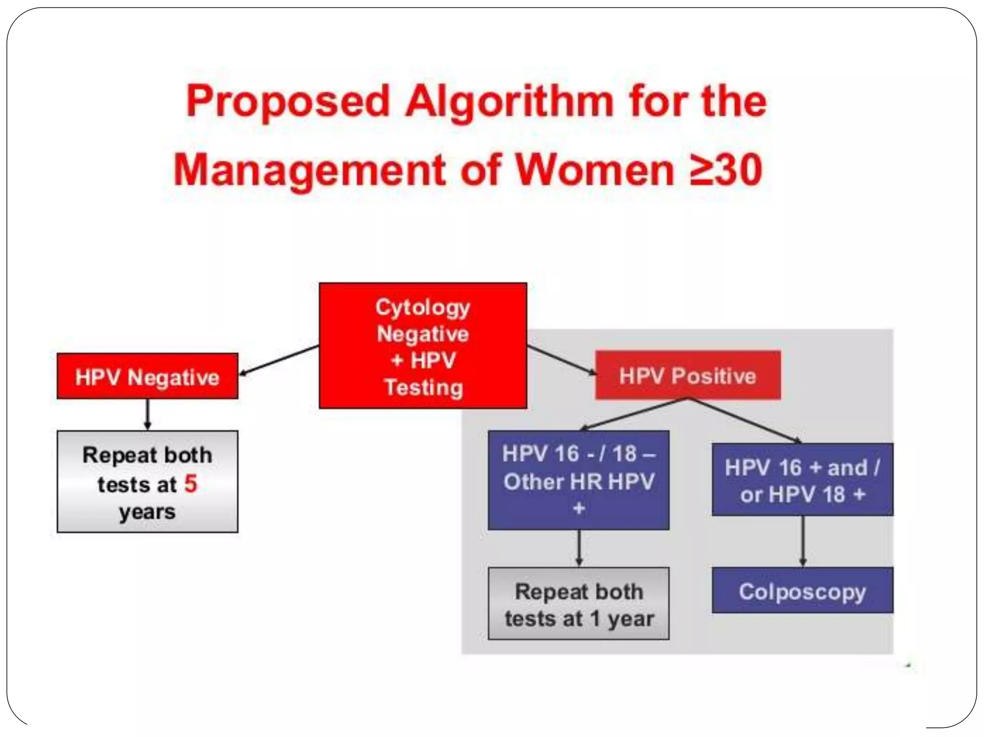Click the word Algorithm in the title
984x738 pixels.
509,102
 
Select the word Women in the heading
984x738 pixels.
595,170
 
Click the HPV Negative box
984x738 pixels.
147,377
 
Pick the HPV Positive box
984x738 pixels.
688,376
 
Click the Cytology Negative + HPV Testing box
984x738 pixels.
423,346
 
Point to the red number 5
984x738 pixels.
191,483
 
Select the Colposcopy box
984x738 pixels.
802,590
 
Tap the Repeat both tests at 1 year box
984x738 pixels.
578,604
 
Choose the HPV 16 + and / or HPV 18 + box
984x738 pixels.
802,480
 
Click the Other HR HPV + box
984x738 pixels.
578,480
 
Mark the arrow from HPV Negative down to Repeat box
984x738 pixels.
148,414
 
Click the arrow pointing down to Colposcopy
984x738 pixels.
802,541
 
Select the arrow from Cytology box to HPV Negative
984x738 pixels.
279,360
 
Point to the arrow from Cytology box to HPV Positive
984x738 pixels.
561,360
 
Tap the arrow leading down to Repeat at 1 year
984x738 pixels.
579,548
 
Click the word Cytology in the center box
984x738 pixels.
422,307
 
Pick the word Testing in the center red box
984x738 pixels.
424,387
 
